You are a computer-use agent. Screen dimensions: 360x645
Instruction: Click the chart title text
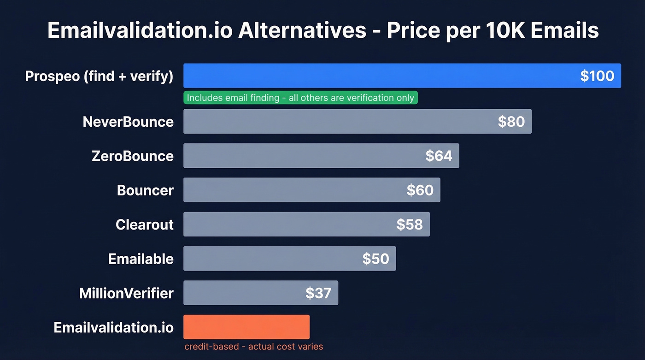click(323, 30)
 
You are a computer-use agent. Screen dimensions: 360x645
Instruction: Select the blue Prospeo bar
click(369, 76)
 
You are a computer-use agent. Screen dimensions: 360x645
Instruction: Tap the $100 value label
click(597, 76)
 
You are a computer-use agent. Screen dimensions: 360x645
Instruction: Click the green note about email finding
click(300, 98)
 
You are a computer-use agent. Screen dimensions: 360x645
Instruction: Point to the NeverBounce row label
click(128, 122)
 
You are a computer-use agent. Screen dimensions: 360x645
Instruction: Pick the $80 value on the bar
click(511, 122)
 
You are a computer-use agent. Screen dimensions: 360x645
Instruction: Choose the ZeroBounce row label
click(133, 156)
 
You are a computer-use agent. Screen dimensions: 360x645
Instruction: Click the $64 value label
click(439, 156)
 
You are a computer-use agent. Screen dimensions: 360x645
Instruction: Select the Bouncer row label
click(145, 190)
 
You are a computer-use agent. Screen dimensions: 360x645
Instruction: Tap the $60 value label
click(420, 190)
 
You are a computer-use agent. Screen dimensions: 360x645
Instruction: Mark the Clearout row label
click(145, 224)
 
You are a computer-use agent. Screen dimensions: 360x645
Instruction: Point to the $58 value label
click(410, 224)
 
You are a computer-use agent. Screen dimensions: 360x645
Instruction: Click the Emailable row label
click(141, 259)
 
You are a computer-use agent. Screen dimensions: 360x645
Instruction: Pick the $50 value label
click(375, 259)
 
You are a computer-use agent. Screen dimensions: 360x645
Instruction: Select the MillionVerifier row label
click(126, 293)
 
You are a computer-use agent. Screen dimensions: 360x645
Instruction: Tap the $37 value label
click(318, 293)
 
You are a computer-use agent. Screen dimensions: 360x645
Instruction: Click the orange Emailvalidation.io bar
click(246, 327)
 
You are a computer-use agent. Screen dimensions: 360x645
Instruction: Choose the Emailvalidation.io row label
click(114, 327)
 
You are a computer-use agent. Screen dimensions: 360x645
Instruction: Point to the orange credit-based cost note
click(254, 347)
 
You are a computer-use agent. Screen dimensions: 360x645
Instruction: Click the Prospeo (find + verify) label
click(99, 76)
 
